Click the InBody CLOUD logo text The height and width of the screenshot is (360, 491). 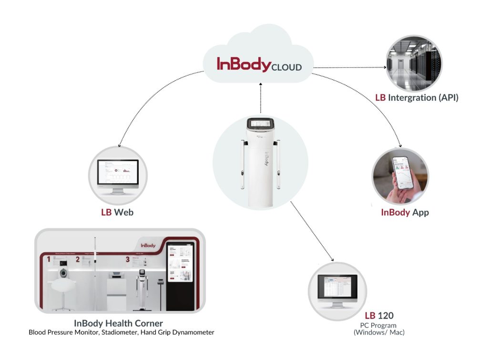point(259,65)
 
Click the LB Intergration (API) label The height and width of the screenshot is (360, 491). point(417,98)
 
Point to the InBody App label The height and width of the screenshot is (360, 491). point(405,212)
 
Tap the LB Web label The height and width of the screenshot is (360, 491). point(117,212)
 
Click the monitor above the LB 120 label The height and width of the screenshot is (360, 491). point(338,289)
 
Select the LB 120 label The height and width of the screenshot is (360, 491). point(379,315)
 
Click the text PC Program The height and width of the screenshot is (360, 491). point(379,325)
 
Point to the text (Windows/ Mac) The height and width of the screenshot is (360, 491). point(379,332)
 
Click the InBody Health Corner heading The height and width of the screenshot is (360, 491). point(118,323)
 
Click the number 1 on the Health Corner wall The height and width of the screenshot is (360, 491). point(48,259)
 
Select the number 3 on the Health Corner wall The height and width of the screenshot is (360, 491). point(127,260)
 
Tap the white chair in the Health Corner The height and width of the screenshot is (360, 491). point(62,288)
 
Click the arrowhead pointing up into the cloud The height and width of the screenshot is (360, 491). point(260,84)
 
